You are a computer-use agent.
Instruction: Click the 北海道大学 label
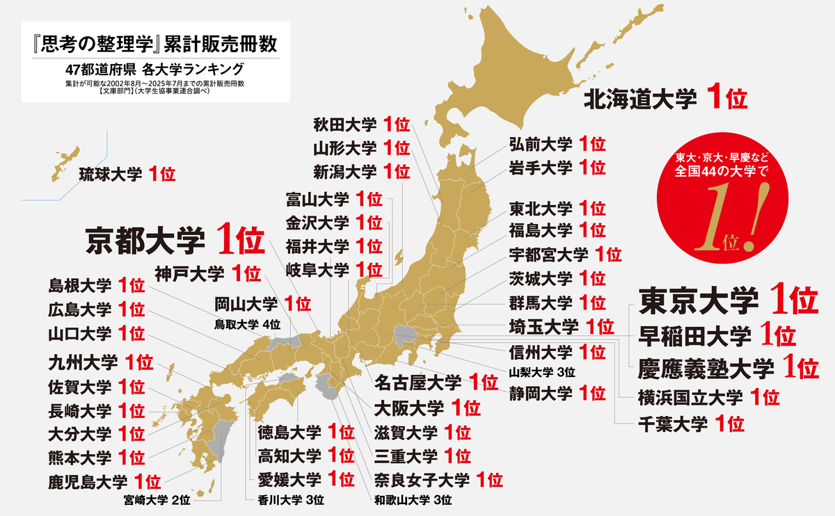point(639,99)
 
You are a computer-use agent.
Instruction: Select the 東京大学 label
point(699,300)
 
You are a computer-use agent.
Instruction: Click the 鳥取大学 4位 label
point(247,323)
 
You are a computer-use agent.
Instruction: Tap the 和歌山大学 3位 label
point(413,499)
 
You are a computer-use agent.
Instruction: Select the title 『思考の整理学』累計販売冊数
point(150,45)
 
